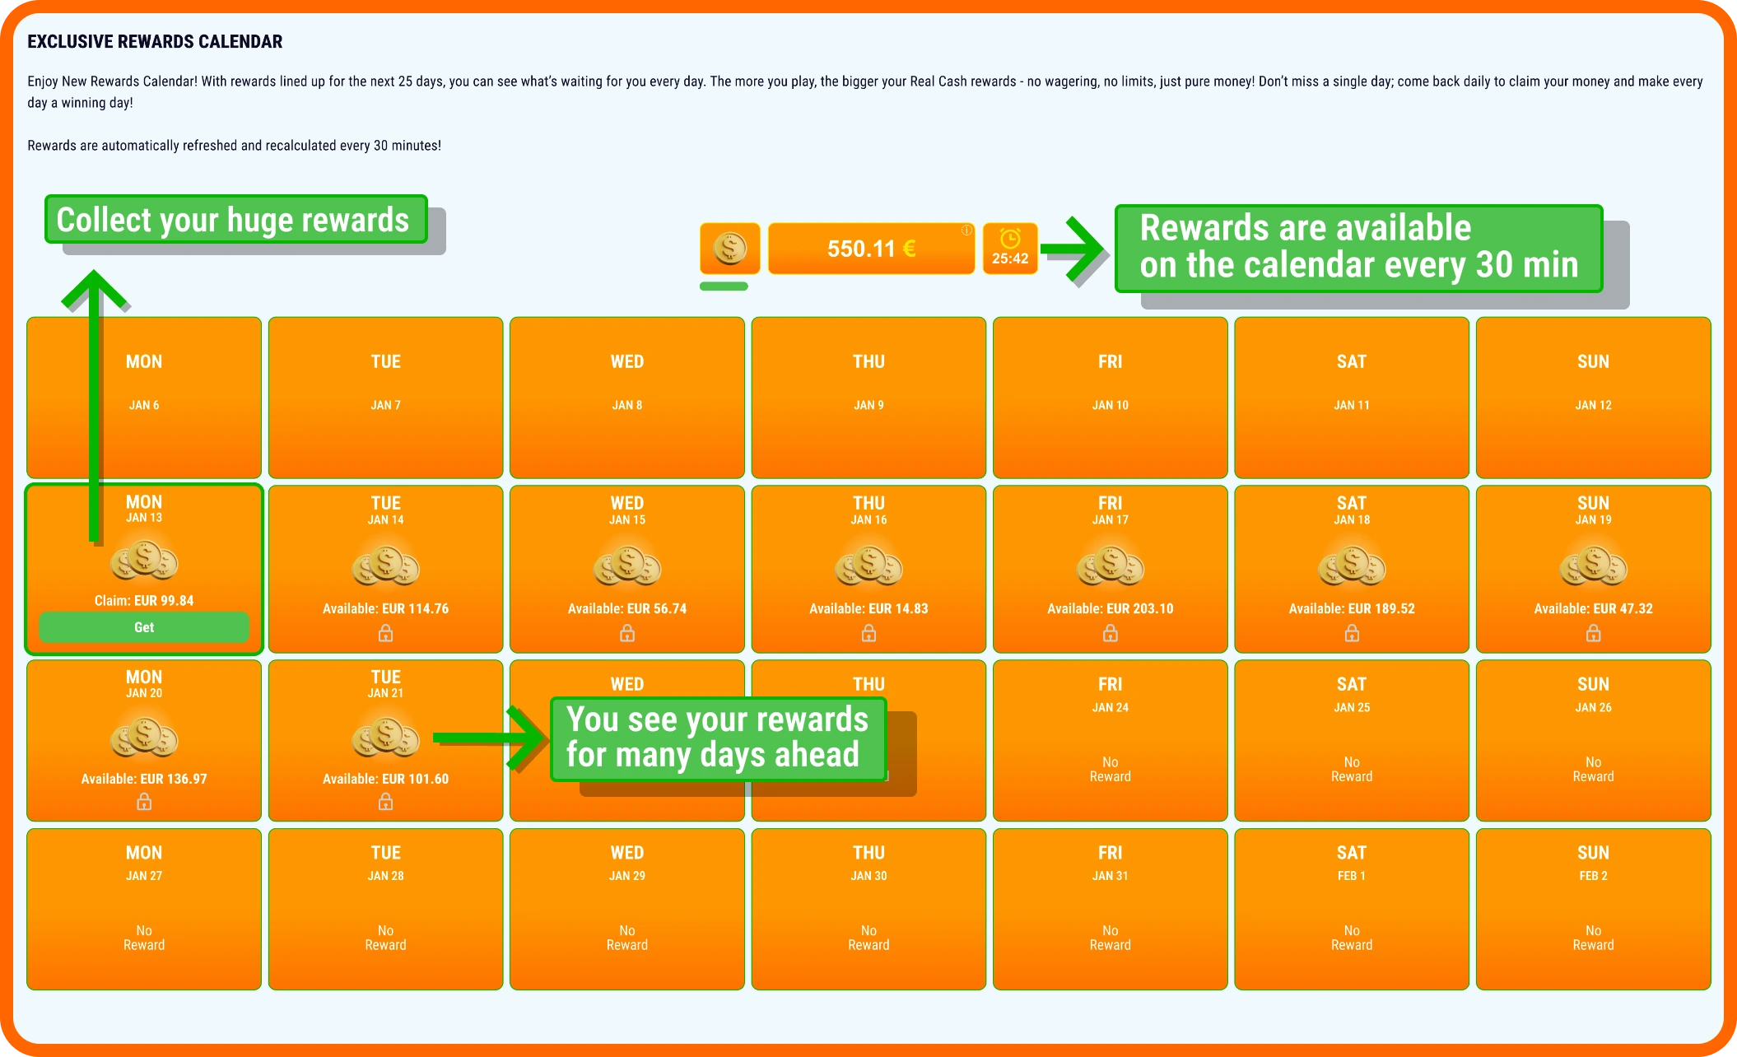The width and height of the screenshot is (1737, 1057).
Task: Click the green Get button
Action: click(144, 627)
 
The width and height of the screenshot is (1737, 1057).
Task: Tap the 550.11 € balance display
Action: click(871, 249)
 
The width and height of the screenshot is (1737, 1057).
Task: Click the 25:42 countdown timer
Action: click(1010, 249)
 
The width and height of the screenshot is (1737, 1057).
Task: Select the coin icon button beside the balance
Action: click(729, 249)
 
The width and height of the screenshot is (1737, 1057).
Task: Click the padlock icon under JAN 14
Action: click(385, 633)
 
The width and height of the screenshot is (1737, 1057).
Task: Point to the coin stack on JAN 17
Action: click(1110, 566)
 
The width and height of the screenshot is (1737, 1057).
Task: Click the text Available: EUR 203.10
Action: click(1110, 609)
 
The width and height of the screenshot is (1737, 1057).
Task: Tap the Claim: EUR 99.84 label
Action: click(144, 601)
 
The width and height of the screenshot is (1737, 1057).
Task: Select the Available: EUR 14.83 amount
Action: click(868, 609)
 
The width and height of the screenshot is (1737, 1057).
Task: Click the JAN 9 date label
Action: click(868, 405)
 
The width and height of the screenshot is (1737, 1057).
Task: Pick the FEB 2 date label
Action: click(1593, 876)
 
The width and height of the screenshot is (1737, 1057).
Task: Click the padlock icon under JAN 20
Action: click(144, 802)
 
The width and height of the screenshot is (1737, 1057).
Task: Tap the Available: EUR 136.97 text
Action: click(144, 779)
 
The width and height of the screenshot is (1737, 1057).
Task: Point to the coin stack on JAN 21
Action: click(385, 737)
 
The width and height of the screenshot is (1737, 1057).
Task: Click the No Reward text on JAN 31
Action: click(1110, 938)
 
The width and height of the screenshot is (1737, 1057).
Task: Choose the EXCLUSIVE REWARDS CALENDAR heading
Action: click(155, 41)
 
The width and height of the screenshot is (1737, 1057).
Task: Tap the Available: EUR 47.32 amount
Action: click(1593, 609)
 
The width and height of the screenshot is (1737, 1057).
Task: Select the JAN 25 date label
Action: click(1352, 707)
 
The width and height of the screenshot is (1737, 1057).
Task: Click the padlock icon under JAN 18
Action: click(1352, 633)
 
